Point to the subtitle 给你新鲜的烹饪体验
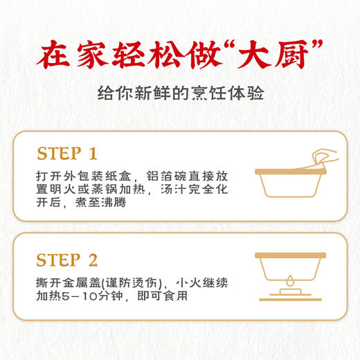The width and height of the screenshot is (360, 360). pyautogui.click(x=180, y=94)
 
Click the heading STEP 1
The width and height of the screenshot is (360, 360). pyautogui.click(x=67, y=153)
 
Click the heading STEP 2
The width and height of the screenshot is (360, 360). pyautogui.click(x=68, y=260)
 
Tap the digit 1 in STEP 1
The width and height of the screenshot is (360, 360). pyautogui.click(x=93, y=153)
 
